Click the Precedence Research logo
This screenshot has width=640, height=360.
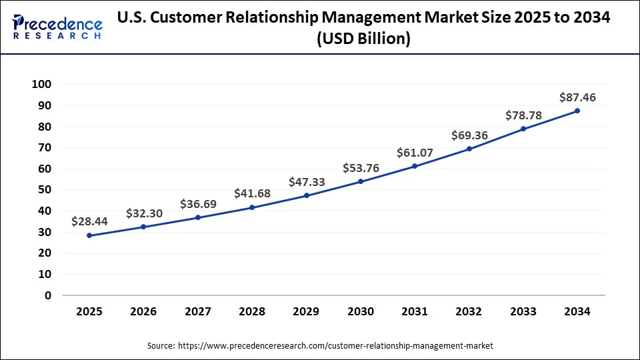pos(57,26)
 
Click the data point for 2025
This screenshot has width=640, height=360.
pos(89,235)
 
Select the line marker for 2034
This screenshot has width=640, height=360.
pos(577,111)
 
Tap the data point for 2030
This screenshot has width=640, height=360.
pos(361,181)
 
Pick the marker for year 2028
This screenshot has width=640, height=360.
pos(252,207)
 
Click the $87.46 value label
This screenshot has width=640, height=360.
pos(577,97)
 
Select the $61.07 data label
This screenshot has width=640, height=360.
pos(415,153)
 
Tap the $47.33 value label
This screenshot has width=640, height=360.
pos(307,182)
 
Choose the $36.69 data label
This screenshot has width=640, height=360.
pos(198,204)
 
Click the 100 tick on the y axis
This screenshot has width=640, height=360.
pos(41,85)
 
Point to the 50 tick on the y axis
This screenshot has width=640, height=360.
pos(45,190)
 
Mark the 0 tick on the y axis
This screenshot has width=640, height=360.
pos(48,295)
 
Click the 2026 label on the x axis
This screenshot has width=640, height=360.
pos(143,311)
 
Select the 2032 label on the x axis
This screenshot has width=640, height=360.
pos(469,311)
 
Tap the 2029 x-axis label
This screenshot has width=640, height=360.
pos(306,311)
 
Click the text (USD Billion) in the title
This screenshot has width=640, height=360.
pos(363,39)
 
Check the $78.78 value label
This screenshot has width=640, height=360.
pos(523,115)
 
